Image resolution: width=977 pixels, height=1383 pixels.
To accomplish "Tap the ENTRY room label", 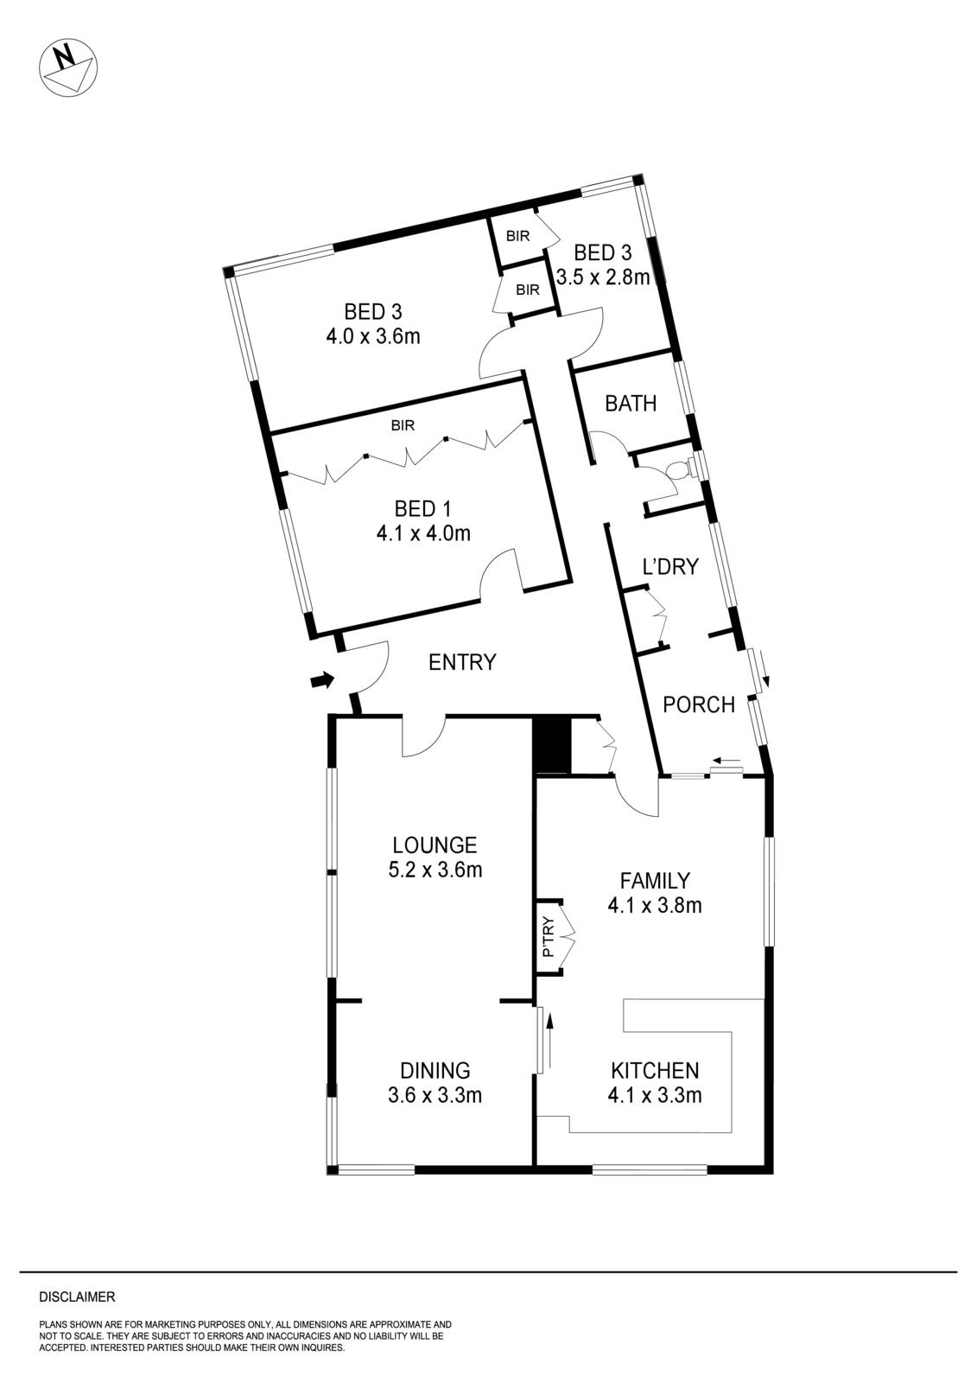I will pyautogui.click(x=462, y=662).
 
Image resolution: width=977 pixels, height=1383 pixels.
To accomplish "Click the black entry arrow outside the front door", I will pyautogui.click(x=321, y=681).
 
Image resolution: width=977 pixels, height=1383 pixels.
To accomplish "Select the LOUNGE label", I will pyautogui.click(x=435, y=844).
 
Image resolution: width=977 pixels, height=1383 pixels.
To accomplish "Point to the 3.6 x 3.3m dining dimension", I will pyautogui.click(x=435, y=1095).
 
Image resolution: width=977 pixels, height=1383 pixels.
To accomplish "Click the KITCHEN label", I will pyautogui.click(x=655, y=1070).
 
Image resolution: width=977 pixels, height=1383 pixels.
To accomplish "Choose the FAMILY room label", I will pyautogui.click(x=655, y=880).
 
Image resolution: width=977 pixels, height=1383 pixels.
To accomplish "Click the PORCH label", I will pyautogui.click(x=698, y=704).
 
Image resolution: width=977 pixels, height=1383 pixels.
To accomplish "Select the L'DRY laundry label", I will pyautogui.click(x=670, y=567).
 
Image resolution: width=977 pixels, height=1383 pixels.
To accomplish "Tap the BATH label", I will pyautogui.click(x=631, y=403).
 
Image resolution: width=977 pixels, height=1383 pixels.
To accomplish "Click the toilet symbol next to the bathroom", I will pyautogui.click(x=680, y=470).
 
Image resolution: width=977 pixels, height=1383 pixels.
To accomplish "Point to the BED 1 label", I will pyautogui.click(x=422, y=507).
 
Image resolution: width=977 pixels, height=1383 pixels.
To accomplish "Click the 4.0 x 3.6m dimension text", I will pyautogui.click(x=372, y=336).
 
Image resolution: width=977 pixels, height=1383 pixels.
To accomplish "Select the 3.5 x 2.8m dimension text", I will pyautogui.click(x=603, y=277).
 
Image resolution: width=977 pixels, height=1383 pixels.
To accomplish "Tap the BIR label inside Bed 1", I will pyautogui.click(x=403, y=425).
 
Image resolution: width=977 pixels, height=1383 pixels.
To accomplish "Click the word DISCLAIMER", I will pyautogui.click(x=77, y=1297).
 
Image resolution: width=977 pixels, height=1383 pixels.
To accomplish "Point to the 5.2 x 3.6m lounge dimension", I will pyautogui.click(x=435, y=870).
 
